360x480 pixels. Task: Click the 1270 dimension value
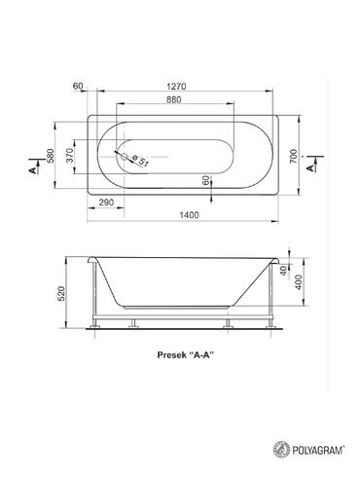[x=176, y=87]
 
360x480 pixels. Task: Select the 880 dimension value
[x=173, y=99]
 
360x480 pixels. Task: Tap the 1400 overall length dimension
[x=189, y=215]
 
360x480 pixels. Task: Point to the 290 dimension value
[x=106, y=203]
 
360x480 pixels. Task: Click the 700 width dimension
[x=293, y=156]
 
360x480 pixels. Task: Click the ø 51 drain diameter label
[x=139, y=161]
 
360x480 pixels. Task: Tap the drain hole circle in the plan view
[x=125, y=157]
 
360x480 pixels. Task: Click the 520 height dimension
[x=62, y=294]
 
